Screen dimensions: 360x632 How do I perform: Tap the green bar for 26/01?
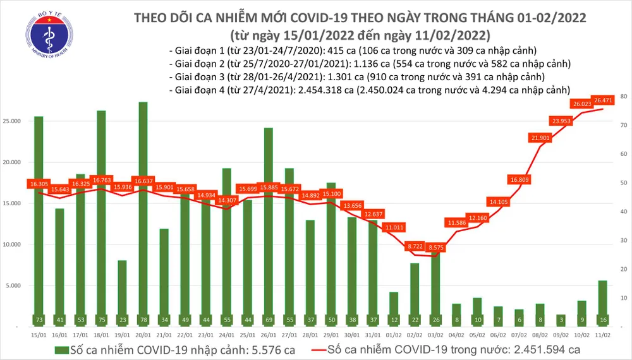[268, 227]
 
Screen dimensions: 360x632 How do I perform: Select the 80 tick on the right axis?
[623, 97]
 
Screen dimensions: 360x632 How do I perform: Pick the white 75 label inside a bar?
[102, 320]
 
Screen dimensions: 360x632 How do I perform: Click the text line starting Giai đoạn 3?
[357, 76]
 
